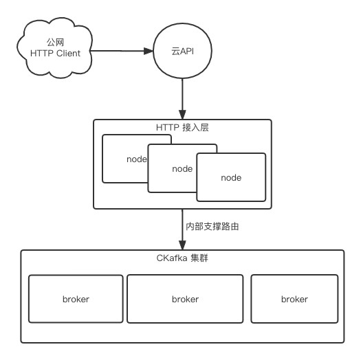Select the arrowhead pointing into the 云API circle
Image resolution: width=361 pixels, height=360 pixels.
coord(149,51)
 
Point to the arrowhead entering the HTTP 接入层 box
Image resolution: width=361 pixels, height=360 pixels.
coord(182,115)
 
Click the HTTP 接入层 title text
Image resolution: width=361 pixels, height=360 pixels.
coord(182,127)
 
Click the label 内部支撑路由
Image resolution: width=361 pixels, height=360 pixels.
coord(212,227)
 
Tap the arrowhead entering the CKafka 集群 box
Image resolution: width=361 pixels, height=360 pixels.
coord(182,245)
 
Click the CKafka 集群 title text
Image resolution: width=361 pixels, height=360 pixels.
coord(182,258)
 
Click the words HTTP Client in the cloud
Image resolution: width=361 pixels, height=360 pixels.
coord(55,54)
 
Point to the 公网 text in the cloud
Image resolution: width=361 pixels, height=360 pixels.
coord(55,43)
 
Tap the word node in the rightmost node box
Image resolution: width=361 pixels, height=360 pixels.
coord(231,177)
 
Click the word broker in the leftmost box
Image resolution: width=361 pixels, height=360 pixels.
coord(76,299)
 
